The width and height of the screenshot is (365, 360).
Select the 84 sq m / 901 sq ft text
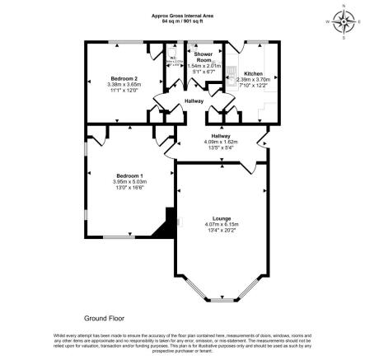[182, 20]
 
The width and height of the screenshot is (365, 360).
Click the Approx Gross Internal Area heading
[182, 15]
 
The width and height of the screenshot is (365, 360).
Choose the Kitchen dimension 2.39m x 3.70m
[254, 80]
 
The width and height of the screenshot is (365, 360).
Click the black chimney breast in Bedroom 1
[170, 222]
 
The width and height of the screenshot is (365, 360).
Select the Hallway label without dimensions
[194, 101]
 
